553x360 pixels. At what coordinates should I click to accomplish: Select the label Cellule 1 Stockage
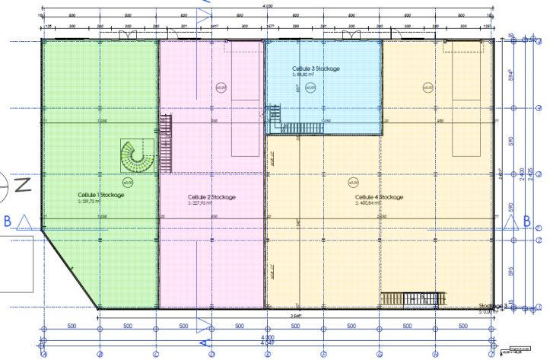[100, 195]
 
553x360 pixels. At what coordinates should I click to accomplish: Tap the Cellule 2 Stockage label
[211, 197]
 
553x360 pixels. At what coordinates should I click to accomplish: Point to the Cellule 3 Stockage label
[315, 69]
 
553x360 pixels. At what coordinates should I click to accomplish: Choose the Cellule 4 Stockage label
[378, 197]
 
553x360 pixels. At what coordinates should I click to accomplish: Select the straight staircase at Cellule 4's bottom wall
[411, 298]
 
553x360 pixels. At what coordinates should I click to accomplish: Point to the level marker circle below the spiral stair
[128, 182]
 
